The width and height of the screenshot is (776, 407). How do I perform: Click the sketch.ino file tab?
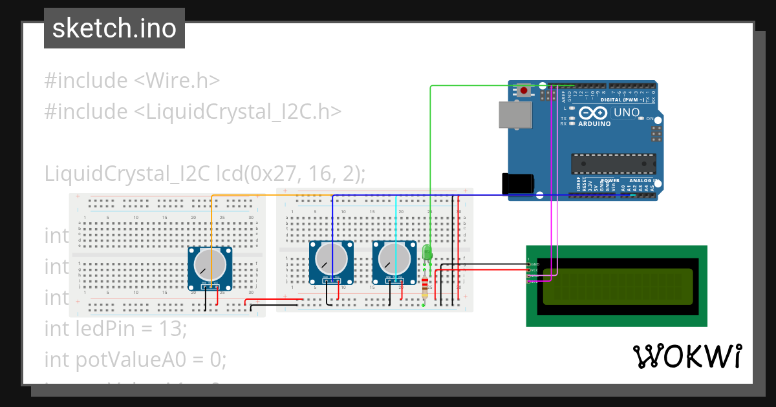[x=114, y=28]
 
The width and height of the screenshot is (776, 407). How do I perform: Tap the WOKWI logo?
[x=687, y=357]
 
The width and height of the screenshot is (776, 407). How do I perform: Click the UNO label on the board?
[x=626, y=112]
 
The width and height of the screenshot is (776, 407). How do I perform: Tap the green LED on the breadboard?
[x=426, y=251]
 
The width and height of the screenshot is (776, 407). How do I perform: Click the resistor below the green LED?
[x=424, y=285]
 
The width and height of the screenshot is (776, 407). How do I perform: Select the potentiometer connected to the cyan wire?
[x=394, y=259]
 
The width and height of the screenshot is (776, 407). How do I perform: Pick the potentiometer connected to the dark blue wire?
[x=331, y=259]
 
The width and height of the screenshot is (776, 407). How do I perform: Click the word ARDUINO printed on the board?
[x=594, y=123]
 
